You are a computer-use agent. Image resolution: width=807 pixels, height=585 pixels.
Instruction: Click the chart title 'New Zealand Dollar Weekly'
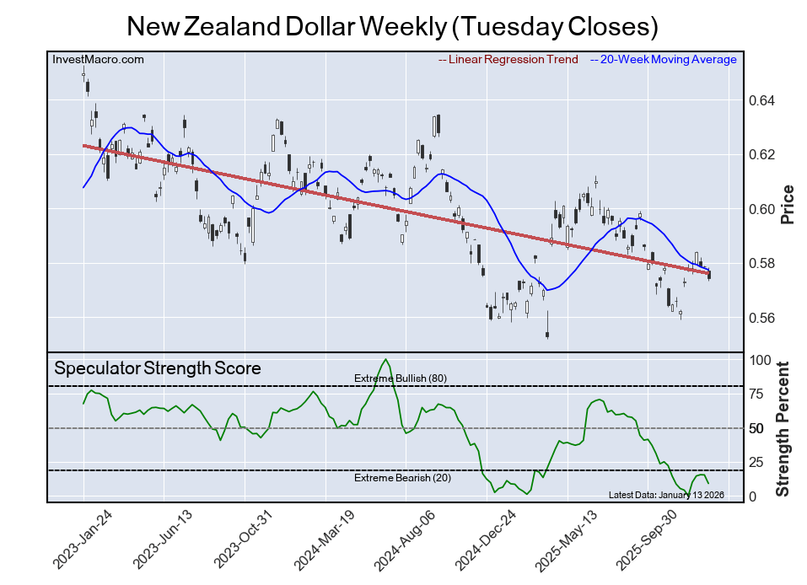(392, 26)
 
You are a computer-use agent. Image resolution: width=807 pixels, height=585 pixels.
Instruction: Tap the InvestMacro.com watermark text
(98, 59)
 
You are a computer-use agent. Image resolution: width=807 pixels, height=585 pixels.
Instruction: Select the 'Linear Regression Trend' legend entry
(508, 59)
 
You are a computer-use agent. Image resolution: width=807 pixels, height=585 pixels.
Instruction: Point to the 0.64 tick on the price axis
(762, 100)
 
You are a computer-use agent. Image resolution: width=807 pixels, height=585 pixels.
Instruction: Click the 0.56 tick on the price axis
(762, 318)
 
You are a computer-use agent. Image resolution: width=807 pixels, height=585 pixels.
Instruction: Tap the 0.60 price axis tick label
(762, 209)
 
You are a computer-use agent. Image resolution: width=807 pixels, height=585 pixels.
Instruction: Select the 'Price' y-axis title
(788, 204)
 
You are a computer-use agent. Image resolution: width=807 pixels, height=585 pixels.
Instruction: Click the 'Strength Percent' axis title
(783, 428)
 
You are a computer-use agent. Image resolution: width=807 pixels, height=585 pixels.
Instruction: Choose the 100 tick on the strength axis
(760, 360)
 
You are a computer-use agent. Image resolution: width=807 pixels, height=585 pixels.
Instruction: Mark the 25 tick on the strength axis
(756, 462)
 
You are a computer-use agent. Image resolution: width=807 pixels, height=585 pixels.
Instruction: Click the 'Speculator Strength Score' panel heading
(158, 368)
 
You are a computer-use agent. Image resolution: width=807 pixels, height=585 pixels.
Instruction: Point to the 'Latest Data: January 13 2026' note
(665, 495)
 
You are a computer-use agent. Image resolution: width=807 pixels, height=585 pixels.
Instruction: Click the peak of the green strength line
(386, 360)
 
